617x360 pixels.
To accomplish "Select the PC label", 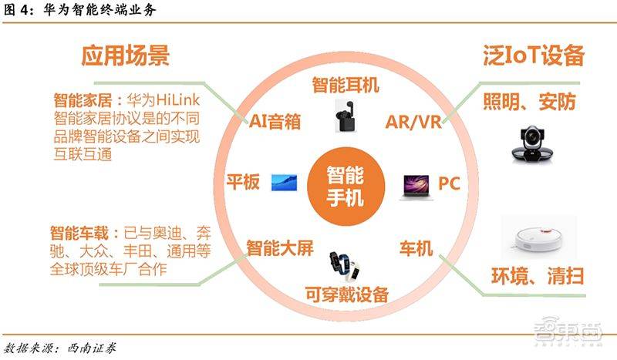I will pyautogui.click(x=449, y=183).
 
